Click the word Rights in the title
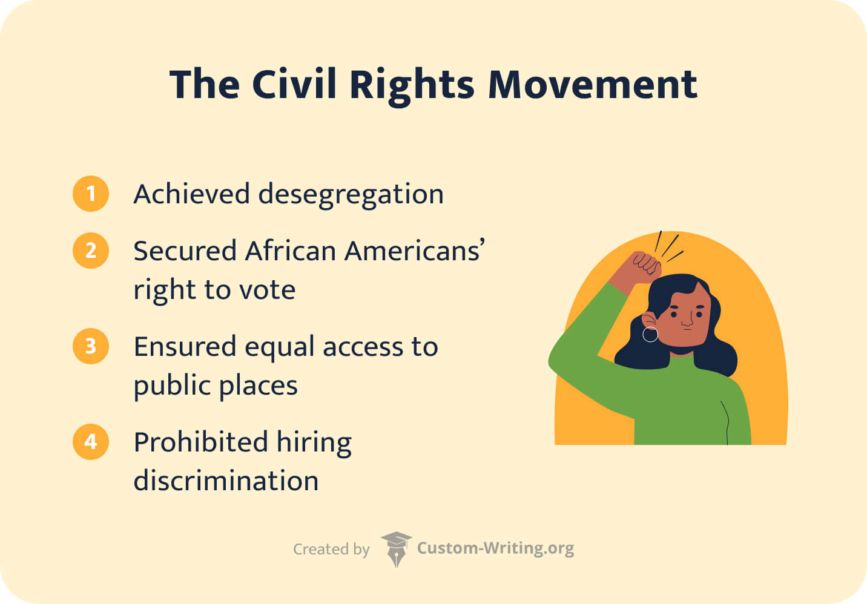click(412, 85)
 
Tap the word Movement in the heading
click(592, 85)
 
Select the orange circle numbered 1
click(91, 194)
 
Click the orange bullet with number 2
click(91, 251)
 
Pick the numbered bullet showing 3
click(91, 346)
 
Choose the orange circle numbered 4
click(91, 442)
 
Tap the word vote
click(268, 290)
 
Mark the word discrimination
click(226, 481)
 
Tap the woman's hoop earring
click(650, 334)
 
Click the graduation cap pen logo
click(396, 548)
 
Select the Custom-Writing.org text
click(495, 548)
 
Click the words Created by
click(331, 549)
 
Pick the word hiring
click(314, 442)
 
